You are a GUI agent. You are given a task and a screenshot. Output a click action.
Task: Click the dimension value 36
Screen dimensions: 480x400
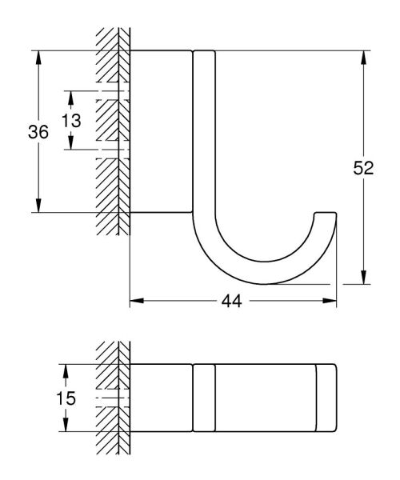38,133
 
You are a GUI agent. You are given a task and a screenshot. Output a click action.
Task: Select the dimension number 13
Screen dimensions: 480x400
70,121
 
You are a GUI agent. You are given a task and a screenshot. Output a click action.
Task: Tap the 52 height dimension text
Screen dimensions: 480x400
364,168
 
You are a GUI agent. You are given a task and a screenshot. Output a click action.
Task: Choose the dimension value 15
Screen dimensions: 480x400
66,398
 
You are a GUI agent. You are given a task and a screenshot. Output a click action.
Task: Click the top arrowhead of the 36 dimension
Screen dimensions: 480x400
38,57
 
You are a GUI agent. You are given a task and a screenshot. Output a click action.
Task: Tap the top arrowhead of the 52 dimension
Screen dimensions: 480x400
364,57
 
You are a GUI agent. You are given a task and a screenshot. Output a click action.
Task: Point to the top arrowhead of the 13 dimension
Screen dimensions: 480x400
70,96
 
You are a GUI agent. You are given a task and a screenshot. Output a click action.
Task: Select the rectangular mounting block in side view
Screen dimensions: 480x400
161,132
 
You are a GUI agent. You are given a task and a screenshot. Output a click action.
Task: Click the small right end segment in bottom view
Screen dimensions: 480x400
326,398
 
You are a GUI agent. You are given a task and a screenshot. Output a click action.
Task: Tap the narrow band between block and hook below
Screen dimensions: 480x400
203,398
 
